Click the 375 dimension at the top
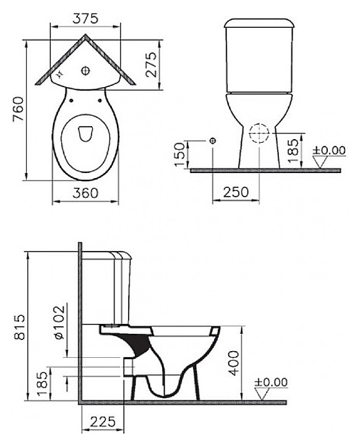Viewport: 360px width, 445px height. tap(85, 19)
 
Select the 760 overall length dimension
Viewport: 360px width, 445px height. tap(18, 109)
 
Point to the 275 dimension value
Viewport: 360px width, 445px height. tap(151, 64)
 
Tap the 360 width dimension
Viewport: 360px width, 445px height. tap(85, 193)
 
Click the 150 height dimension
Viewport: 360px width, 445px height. tap(179, 155)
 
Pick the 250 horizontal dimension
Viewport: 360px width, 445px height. tap(236, 192)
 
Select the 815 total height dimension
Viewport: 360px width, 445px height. tap(20, 326)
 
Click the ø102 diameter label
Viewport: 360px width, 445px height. tap(59, 323)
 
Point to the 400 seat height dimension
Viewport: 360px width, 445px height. tap(234, 363)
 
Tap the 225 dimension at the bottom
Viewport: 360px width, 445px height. tap(103, 422)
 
